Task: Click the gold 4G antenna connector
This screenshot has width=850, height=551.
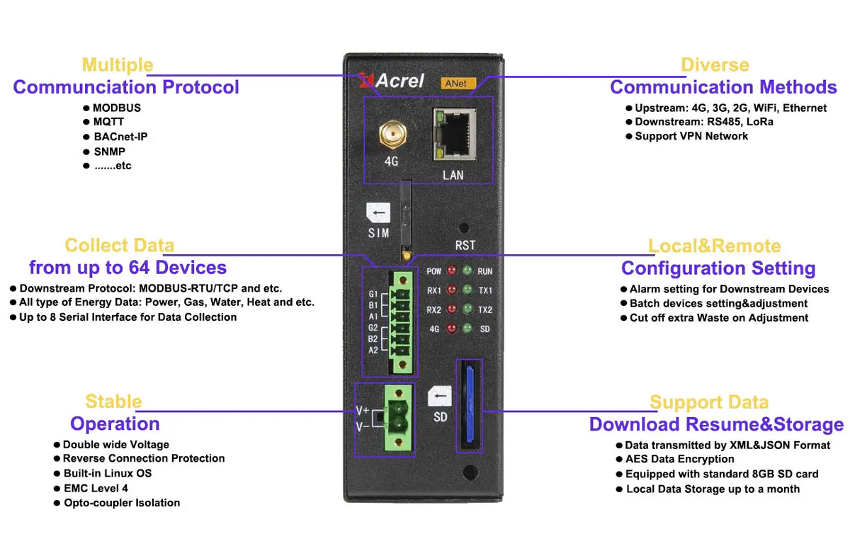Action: pos(390,133)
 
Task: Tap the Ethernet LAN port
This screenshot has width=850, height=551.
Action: pos(453,133)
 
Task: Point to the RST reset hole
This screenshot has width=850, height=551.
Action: pos(464,228)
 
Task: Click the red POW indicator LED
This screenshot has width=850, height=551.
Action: pos(450,271)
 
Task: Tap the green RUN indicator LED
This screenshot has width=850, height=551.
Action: pos(467,271)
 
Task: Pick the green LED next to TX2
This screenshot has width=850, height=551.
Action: pos(467,310)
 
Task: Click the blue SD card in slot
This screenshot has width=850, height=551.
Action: pos(468,405)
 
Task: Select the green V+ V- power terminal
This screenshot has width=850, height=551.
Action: pos(397,417)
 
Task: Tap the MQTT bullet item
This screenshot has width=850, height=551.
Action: pos(108,122)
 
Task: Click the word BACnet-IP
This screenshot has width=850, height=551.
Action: pos(120,137)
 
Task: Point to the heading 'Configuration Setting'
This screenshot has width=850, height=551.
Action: pos(718,268)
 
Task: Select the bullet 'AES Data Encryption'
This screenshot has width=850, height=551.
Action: pos(679,459)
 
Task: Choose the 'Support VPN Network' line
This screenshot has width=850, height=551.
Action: pos(691,136)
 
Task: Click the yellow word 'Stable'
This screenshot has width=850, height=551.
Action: pos(113,402)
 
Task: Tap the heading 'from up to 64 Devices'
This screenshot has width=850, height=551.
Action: pos(127,268)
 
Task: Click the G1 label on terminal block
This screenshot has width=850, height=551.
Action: pos(373,294)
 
